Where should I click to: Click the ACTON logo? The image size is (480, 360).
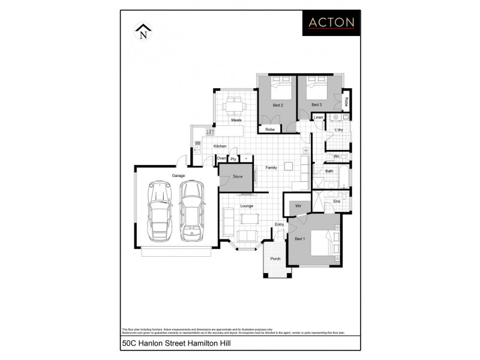(x=331, y=23)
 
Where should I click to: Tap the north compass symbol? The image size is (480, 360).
(x=143, y=31)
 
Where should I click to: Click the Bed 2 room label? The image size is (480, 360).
(x=278, y=105)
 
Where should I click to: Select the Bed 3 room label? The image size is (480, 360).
(x=316, y=105)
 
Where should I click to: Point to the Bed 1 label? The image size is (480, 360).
(x=300, y=239)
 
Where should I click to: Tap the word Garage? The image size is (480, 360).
(x=178, y=176)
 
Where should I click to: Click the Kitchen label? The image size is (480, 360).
(x=220, y=146)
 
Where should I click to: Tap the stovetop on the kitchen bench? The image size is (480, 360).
(x=210, y=131)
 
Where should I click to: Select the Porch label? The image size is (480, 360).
(x=275, y=259)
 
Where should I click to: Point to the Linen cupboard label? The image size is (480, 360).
(x=319, y=118)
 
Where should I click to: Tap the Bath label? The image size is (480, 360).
(x=329, y=171)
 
